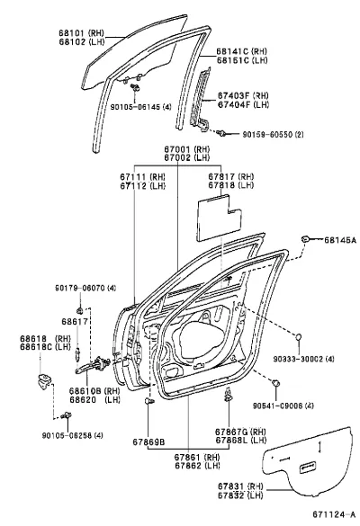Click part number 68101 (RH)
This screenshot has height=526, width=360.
click(82, 33)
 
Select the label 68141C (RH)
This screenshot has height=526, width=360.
click(241, 51)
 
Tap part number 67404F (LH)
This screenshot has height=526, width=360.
click(243, 104)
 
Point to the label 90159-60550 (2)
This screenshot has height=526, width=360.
click(273, 135)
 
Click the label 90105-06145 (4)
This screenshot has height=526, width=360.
click(140, 107)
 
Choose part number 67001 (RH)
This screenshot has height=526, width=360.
click(186, 149)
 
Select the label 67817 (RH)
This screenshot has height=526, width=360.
click(230, 176)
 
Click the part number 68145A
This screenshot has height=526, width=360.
click(339, 240)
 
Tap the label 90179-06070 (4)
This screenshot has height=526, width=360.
click(86, 288)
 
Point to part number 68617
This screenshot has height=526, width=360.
click(75, 321)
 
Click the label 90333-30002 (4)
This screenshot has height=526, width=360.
click(303, 359)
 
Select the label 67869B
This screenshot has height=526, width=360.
click(148, 441)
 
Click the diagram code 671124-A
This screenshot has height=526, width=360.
click(334, 514)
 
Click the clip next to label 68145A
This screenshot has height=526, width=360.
click(305, 239)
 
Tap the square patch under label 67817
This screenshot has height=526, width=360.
click(219, 217)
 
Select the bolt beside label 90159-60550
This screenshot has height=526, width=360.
click(220, 133)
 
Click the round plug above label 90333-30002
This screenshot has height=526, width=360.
click(298, 336)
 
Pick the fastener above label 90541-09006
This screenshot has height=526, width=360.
click(275, 383)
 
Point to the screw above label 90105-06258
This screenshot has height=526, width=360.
click(67, 415)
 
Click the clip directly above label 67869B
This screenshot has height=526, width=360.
click(148, 400)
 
